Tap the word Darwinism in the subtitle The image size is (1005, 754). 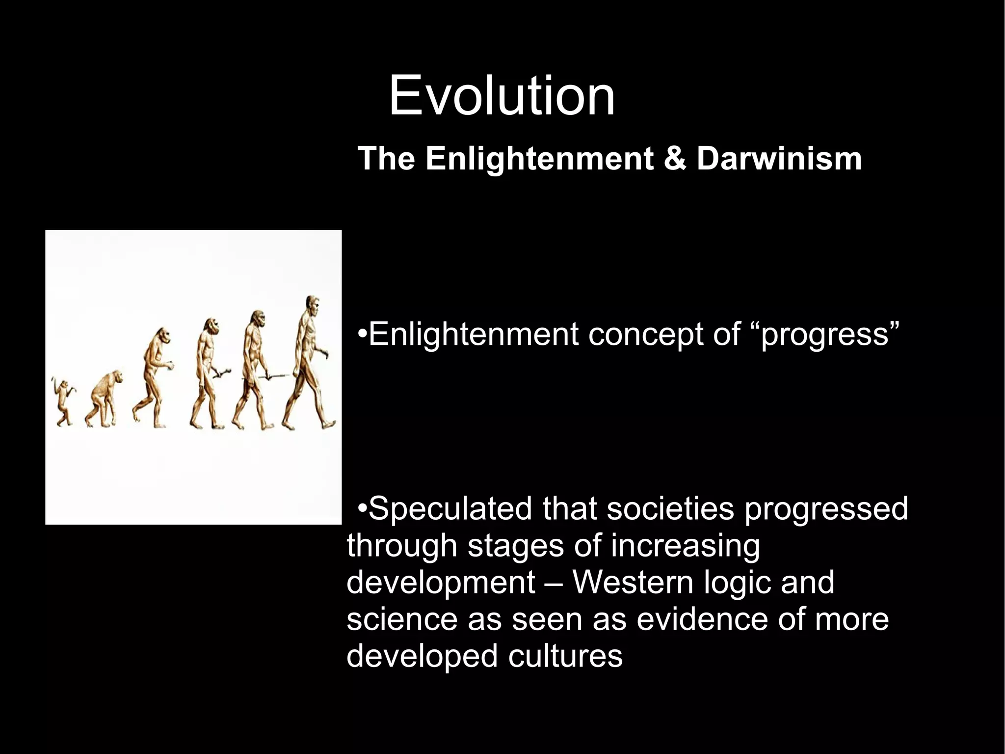coord(779,159)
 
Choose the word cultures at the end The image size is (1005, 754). coord(565,656)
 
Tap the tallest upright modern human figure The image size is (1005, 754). coord(307,363)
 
